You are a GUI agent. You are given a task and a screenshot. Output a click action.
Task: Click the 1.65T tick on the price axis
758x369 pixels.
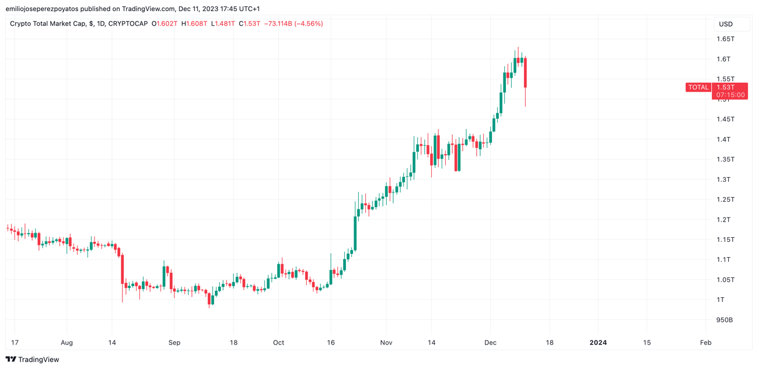click(725, 39)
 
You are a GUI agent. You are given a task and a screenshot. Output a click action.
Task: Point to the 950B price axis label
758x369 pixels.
click(724, 320)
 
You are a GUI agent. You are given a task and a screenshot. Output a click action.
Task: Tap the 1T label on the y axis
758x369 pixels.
click(721, 300)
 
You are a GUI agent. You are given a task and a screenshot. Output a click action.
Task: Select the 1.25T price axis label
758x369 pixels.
click(725, 199)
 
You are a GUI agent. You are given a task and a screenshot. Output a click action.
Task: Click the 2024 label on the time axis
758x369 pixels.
click(598, 343)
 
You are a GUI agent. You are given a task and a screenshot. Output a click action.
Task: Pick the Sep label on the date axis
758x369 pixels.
click(174, 343)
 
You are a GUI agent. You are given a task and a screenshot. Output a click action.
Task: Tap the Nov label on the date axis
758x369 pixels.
click(386, 343)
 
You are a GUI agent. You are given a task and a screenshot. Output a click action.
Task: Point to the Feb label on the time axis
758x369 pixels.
click(705, 343)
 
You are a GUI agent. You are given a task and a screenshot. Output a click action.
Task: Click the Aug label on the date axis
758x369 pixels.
click(67, 343)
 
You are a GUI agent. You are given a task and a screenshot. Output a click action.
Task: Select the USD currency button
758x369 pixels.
click(725, 24)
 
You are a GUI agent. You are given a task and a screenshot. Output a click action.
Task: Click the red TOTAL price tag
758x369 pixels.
click(698, 87)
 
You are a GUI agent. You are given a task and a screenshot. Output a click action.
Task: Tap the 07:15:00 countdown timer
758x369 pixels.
click(730, 95)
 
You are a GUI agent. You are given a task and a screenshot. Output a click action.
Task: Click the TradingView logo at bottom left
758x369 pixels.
click(33, 360)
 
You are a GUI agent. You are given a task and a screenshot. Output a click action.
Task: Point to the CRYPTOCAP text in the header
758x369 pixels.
click(128, 24)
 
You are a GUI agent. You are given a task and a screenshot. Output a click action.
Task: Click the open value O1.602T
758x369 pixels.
click(165, 24)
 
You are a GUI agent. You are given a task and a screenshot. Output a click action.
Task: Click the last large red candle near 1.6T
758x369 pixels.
click(525, 72)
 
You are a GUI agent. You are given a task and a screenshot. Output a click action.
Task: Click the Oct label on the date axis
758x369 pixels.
click(278, 343)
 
